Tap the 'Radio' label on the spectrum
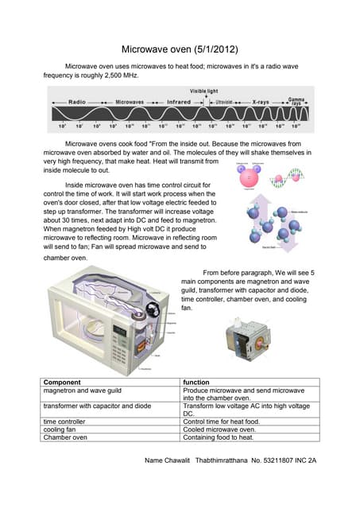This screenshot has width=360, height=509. [77, 103]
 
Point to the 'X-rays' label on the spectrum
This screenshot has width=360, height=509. [260, 103]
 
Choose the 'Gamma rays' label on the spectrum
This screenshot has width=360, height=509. [296, 102]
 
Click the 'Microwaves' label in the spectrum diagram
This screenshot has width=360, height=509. [130, 103]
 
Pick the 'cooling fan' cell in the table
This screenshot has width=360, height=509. [62, 429]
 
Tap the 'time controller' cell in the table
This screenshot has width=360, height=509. [64, 421]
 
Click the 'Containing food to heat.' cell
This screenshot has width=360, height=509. [219, 437]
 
